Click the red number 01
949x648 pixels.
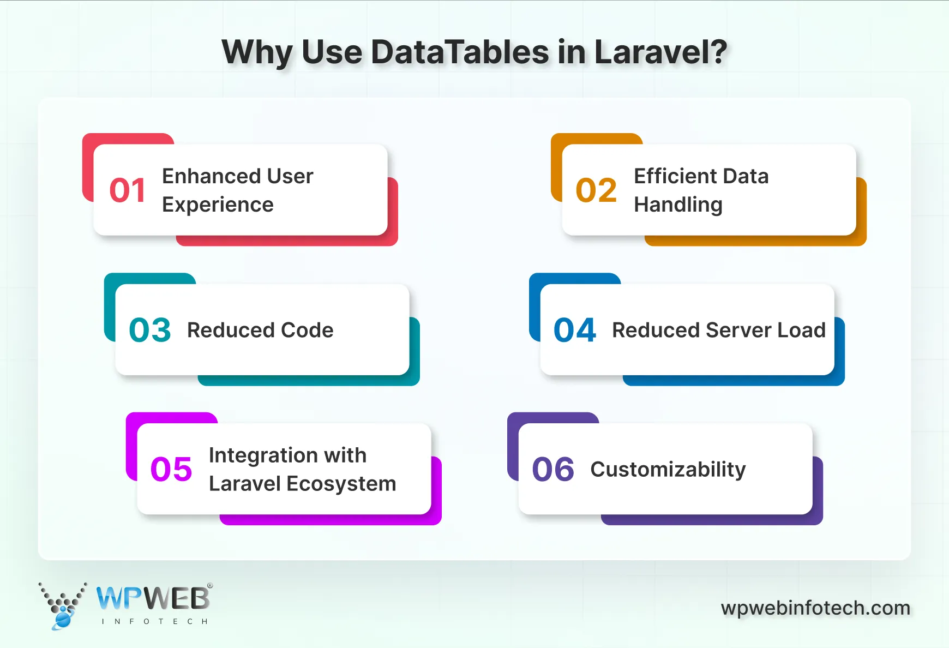pos(128,190)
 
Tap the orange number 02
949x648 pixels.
pos(596,190)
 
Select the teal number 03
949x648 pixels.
pos(150,330)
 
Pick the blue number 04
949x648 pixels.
pos(575,330)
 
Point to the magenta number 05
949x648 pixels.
pos(171,469)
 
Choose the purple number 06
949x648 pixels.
pos(553,469)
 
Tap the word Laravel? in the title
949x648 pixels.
pos(660,52)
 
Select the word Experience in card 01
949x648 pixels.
pos(218,205)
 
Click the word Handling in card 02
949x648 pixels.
pos(678,205)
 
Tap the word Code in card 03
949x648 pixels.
pos(307,330)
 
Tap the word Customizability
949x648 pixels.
pos(668,470)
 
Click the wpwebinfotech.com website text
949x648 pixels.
pos(815,608)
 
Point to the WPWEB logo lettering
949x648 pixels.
pos(153,599)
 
